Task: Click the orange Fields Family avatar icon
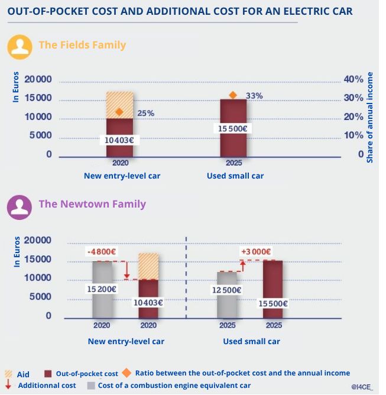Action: tap(20, 46)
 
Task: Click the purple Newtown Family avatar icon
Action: tap(20, 206)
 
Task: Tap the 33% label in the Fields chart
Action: tap(254, 96)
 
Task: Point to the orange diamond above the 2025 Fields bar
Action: tap(232, 95)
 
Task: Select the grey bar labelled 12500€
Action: tap(226, 294)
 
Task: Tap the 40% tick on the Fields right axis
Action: tap(353, 80)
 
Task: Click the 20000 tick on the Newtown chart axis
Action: tap(40, 241)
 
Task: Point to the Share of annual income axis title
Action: tap(370, 118)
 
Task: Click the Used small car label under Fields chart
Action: tap(235, 176)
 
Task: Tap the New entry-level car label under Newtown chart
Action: tap(126, 341)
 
